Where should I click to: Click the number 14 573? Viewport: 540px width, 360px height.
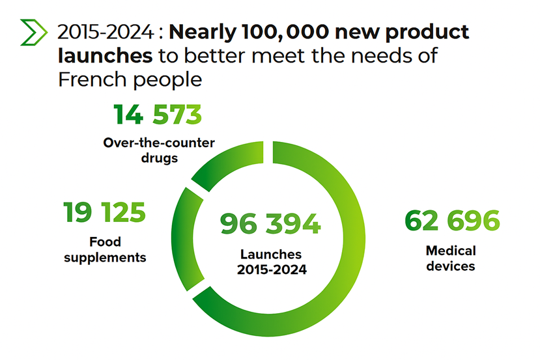click(158, 115)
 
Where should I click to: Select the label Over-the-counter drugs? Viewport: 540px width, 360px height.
click(159, 150)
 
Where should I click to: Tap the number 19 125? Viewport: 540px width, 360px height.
click(104, 213)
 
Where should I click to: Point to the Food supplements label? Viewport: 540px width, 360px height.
click(105, 249)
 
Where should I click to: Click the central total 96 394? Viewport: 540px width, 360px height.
click(270, 223)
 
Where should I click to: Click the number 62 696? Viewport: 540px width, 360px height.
click(451, 221)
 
